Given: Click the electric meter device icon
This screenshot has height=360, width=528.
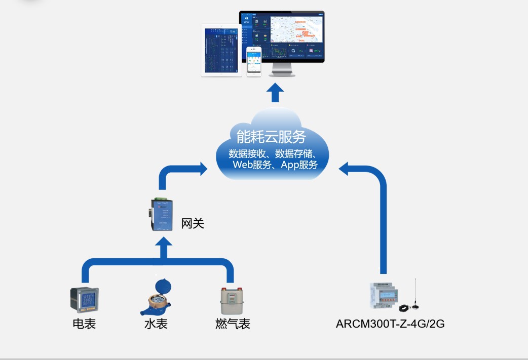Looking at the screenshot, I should [84, 300].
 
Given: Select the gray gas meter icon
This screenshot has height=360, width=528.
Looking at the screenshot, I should [231, 301].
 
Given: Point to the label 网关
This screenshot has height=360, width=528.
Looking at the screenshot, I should [193, 223].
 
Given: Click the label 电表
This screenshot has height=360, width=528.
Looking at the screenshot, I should [84, 324].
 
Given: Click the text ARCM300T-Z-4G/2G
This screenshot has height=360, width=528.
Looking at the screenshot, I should [390, 324].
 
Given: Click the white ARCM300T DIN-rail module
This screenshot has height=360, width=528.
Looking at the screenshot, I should [384, 294].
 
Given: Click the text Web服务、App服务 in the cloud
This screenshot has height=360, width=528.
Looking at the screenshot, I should [275, 165].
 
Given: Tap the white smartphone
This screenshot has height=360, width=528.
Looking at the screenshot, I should [254, 62].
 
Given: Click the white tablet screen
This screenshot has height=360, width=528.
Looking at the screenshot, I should [221, 50].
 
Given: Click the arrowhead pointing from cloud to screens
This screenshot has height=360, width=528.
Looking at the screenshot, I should [275, 91].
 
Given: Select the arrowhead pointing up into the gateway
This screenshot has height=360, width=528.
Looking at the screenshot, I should [163, 244].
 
